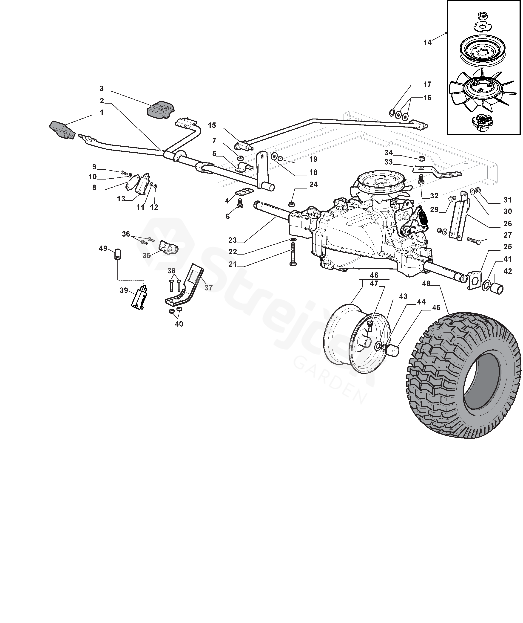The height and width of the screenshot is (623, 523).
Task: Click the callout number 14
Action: [x=427, y=43]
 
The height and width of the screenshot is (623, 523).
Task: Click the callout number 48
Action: [x=426, y=284]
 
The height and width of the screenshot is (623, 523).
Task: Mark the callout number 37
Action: [x=208, y=287]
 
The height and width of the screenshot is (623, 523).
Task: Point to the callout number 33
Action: [x=388, y=162]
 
